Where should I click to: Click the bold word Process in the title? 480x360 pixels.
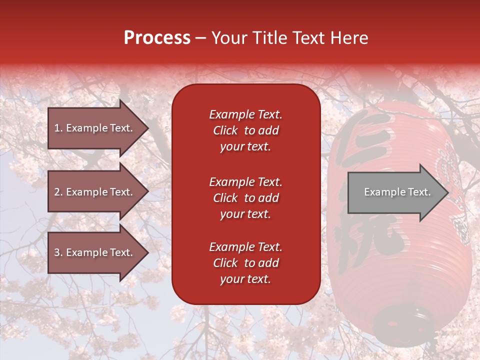pos(157,38)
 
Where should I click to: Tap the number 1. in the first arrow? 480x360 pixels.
pos(58,128)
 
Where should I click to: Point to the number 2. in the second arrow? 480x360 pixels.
pos(58,192)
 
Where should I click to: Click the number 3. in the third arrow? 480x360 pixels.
pos(58,252)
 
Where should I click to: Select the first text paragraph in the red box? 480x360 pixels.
pos(245,130)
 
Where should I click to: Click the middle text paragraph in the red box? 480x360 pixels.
pos(245,198)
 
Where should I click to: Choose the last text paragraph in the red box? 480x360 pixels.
pos(245,263)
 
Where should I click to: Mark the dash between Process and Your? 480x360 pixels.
pos(200,38)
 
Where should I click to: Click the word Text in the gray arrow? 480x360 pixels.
pos(419,192)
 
